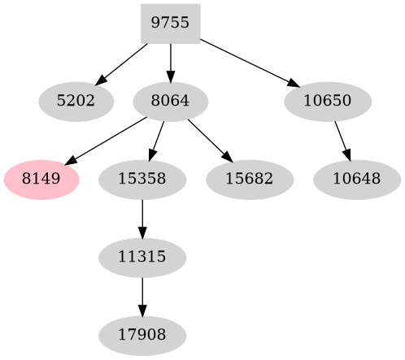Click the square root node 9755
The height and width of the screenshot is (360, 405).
[x=170, y=24]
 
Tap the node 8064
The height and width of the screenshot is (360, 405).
[x=170, y=102]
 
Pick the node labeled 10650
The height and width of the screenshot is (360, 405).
[x=328, y=102]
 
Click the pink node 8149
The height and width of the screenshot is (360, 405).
[x=41, y=179]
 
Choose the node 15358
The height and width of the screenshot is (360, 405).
[x=142, y=179]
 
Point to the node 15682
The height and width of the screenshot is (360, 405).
[x=249, y=179]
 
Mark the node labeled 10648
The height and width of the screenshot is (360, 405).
[x=355, y=179]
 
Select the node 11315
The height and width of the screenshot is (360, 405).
[x=142, y=257]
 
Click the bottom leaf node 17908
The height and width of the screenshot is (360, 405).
[x=142, y=334]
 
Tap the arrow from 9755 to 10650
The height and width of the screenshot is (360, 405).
[x=249, y=63]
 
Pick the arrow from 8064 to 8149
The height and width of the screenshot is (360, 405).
[x=106, y=141]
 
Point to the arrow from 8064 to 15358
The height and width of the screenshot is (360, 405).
[x=157, y=139]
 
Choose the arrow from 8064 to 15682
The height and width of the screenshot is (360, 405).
[x=209, y=140]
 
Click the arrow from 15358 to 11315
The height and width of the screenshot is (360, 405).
[x=142, y=217]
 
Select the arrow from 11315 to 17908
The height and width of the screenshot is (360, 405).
[x=142, y=295]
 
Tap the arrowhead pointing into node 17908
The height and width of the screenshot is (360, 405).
[x=142, y=311]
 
